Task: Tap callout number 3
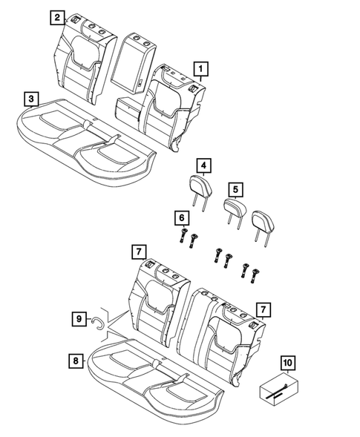pos(30,98)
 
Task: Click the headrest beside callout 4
pos(200,185)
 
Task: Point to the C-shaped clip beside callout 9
pos(97,321)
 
